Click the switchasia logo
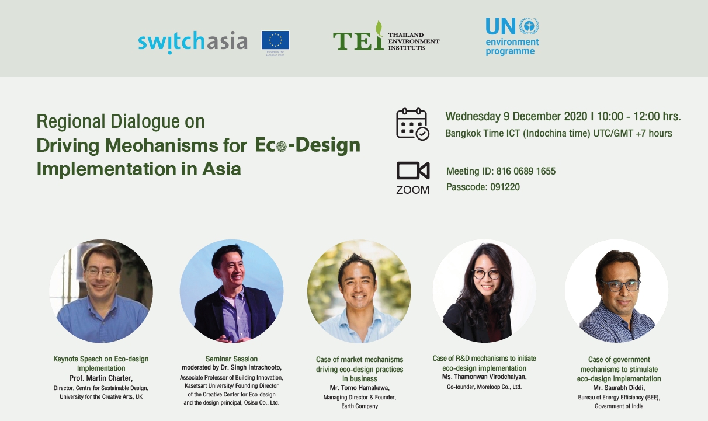[193, 42]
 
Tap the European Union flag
[275, 40]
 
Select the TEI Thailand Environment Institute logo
[386, 36]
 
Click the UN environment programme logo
[512, 37]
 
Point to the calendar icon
[412, 124]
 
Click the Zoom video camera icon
[413, 171]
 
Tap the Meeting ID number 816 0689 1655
[526, 171]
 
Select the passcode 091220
[505, 187]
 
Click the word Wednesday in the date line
[473, 117]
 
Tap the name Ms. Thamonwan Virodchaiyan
[484, 377]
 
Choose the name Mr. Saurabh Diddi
[619, 388]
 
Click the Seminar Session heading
[231, 359]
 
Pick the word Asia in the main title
[221, 169]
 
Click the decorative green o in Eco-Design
[282, 146]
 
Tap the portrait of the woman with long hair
[484, 291]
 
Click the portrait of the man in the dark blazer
[232, 291]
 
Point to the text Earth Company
[360, 406]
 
